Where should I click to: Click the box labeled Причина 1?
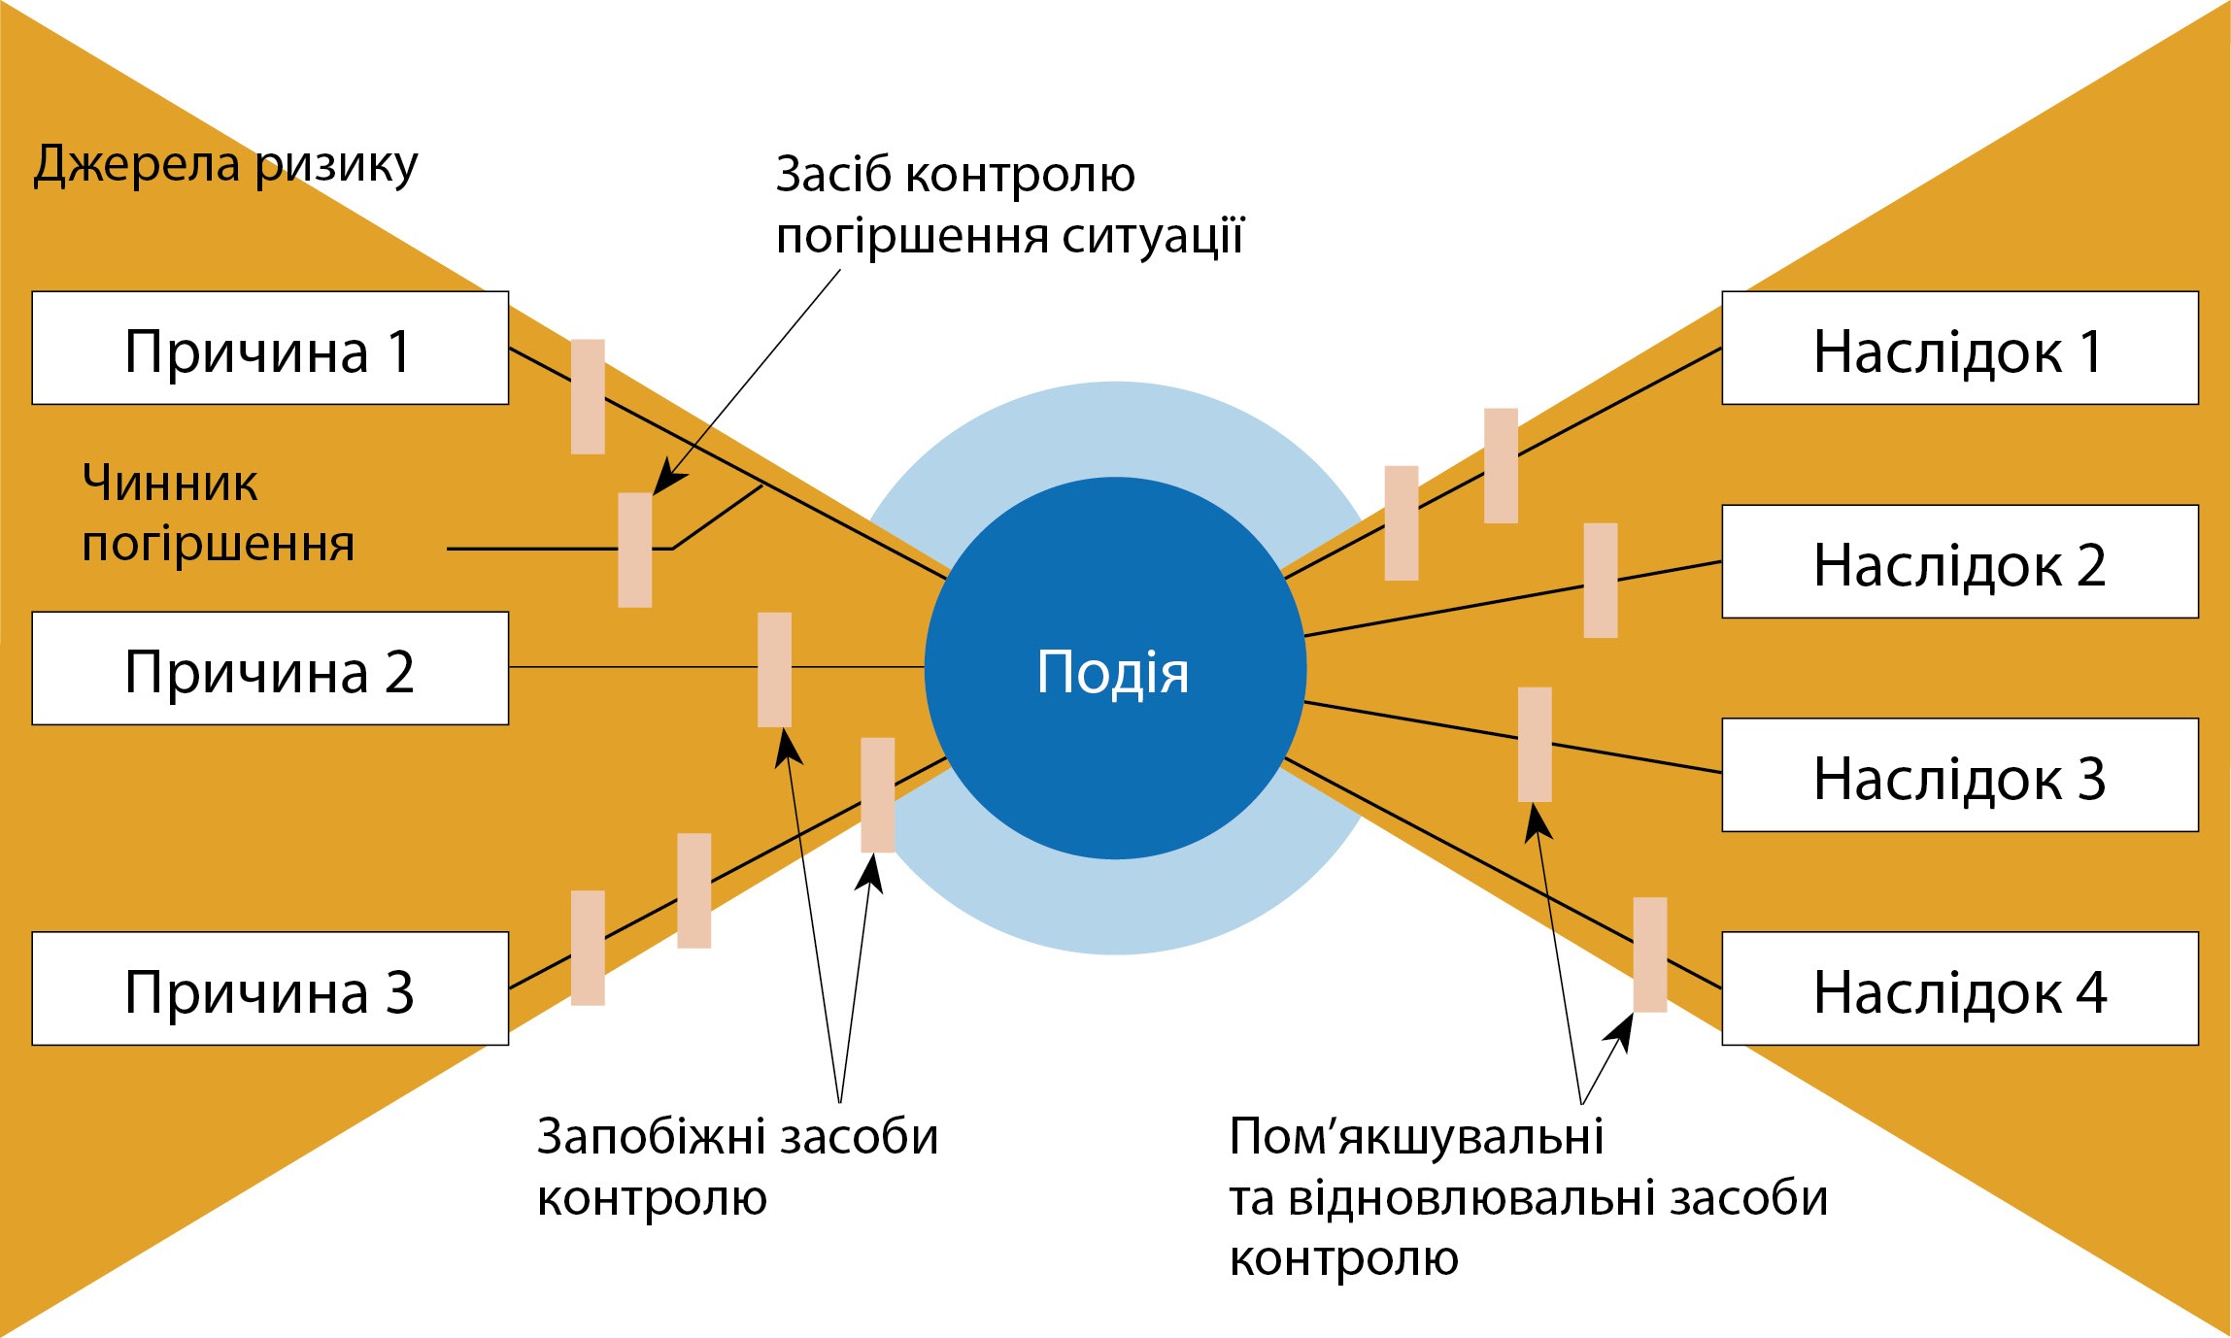(270, 348)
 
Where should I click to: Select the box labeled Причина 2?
(270, 668)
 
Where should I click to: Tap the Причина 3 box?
(270, 988)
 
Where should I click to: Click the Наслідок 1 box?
(1959, 348)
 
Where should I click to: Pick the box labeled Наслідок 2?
(1959, 561)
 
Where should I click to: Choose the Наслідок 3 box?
(1959, 775)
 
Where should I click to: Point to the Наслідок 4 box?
(1959, 988)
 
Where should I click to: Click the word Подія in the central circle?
(1113, 672)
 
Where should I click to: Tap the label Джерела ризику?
(225, 165)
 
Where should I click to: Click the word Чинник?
(170, 483)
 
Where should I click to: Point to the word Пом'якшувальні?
(1416, 1136)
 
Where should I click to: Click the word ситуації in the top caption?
(1152, 236)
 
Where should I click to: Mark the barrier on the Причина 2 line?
(774, 669)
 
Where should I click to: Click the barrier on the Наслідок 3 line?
(1535, 745)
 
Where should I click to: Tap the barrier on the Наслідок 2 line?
(1601, 581)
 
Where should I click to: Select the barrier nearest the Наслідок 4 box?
(1650, 954)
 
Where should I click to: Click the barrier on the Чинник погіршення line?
(635, 550)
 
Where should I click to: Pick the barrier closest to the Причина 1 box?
(588, 396)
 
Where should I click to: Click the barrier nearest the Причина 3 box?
(588, 948)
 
